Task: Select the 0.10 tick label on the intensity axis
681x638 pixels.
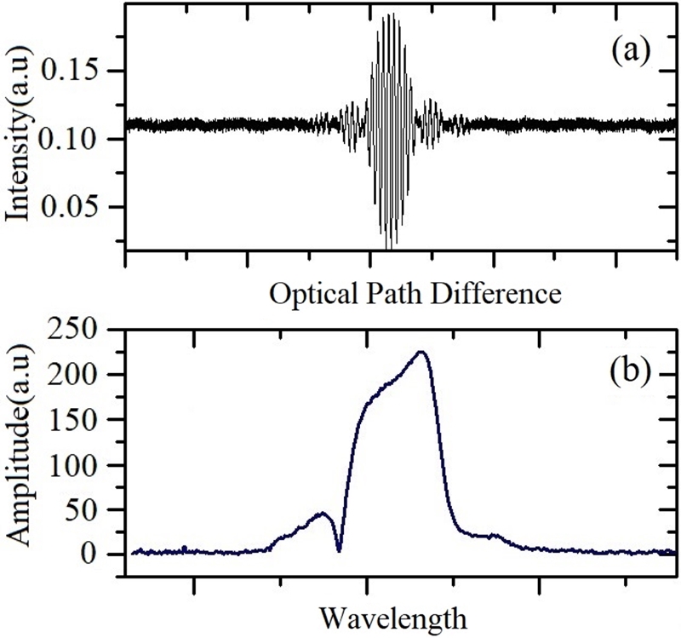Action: click(78, 138)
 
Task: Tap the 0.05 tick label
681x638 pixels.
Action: click(78, 206)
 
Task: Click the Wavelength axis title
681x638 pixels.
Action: click(392, 615)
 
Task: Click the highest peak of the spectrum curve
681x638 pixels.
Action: click(421, 352)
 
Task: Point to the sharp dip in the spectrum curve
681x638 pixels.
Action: click(339, 549)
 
